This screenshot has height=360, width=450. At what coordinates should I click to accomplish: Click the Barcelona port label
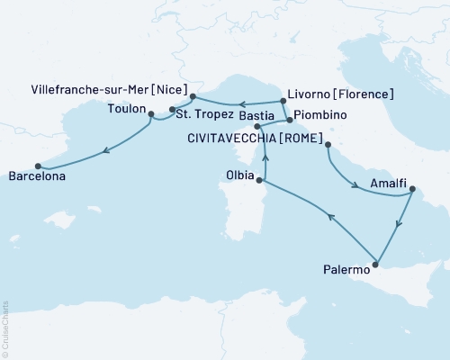[37, 178]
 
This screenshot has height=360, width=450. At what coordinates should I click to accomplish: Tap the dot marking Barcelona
[38, 166]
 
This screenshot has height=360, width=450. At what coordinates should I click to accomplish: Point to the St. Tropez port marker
[172, 111]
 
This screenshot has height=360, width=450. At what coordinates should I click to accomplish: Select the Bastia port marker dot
[258, 128]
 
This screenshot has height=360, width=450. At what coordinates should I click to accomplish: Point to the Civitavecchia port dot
[328, 145]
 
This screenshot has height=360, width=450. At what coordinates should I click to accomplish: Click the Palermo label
[346, 268]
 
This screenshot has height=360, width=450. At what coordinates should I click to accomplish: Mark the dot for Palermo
[377, 265]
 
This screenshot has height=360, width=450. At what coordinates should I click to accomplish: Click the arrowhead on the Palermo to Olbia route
[330, 217]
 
